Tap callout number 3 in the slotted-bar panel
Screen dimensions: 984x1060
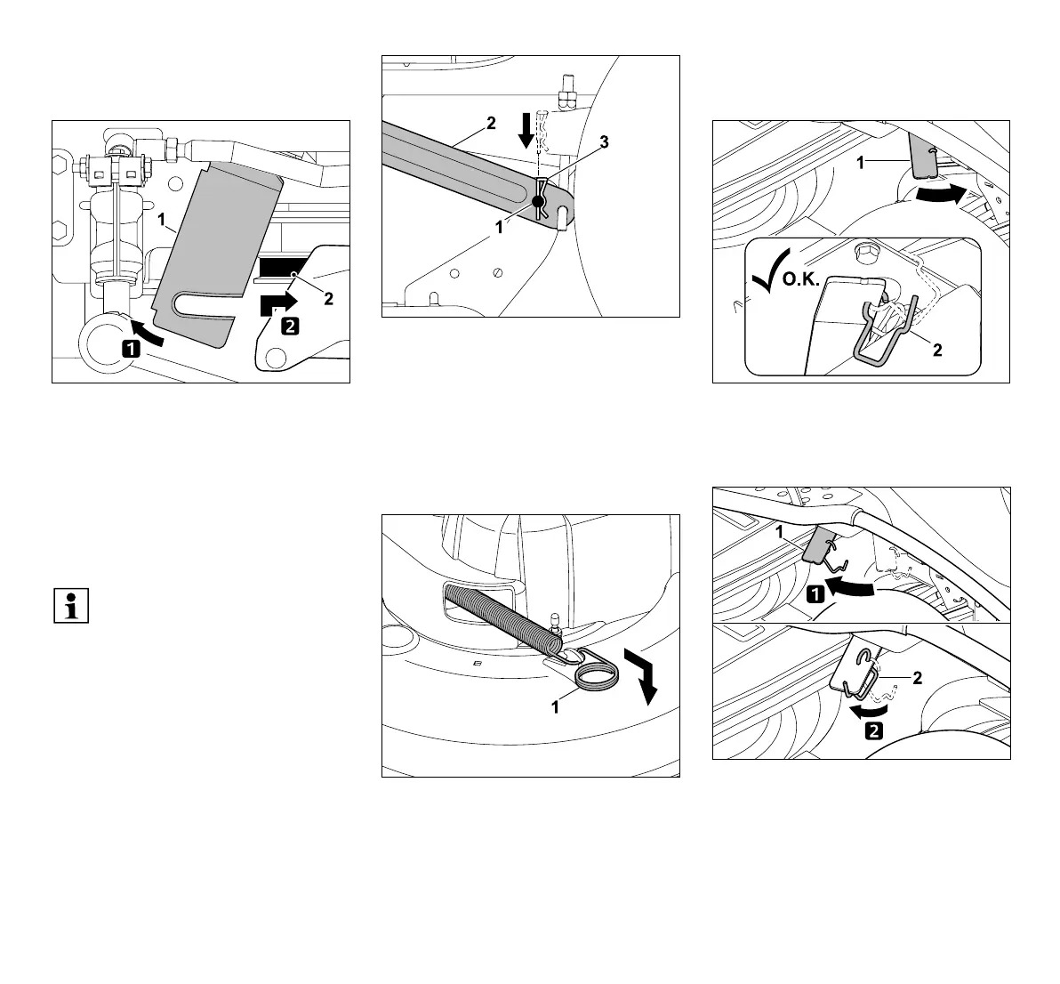point(604,146)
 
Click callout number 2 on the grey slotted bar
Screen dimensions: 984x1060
point(490,125)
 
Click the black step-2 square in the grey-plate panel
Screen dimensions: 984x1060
point(290,326)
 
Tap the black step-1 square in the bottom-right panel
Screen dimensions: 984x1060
point(814,594)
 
